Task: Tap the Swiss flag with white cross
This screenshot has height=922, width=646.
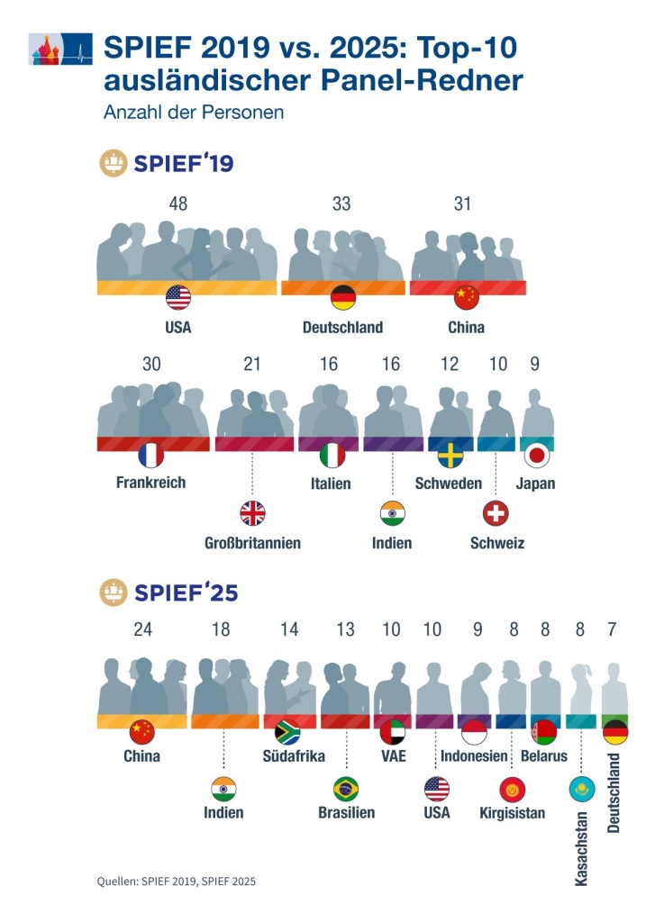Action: pyautogui.click(x=496, y=514)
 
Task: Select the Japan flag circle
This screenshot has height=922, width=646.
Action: pyautogui.click(x=538, y=456)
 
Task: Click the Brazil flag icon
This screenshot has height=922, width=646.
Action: pyautogui.click(x=345, y=789)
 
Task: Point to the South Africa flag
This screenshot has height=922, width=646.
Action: pyautogui.click(x=287, y=730)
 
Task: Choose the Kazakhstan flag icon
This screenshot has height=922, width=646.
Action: pyautogui.click(x=581, y=789)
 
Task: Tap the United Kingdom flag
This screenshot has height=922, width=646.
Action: pyautogui.click(x=252, y=514)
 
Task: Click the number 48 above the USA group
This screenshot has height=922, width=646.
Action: pyautogui.click(x=178, y=204)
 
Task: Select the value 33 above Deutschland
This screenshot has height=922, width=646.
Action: pyautogui.click(x=341, y=204)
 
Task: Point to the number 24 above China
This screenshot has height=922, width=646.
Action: pyautogui.click(x=142, y=629)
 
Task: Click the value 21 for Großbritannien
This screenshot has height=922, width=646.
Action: pyautogui.click(x=252, y=364)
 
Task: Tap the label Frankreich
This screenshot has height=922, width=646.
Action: pyautogui.click(x=150, y=483)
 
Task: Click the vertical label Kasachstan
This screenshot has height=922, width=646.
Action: pyautogui.click(x=581, y=847)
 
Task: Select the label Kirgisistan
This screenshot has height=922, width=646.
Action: pyautogui.click(x=513, y=813)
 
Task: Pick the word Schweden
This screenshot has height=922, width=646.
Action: pyautogui.click(x=449, y=484)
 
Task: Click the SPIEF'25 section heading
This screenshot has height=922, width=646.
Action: pyautogui.click(x=185, y=592)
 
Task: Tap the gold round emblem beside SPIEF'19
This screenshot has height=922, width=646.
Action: pyautogui.click(x=114, y=165)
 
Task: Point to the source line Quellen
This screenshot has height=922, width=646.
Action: pyautogui.click(x=182, y=881)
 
